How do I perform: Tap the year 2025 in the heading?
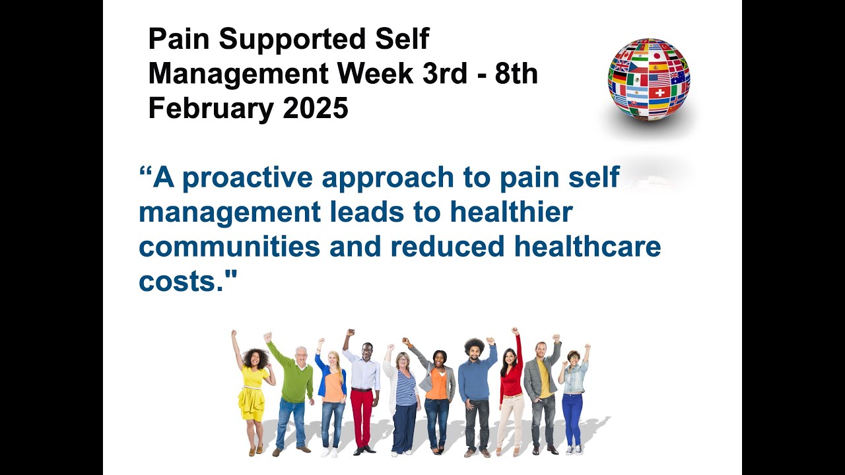tap(316, 108)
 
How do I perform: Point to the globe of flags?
tap(648, 79)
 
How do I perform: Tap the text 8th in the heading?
tap(516, 74)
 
